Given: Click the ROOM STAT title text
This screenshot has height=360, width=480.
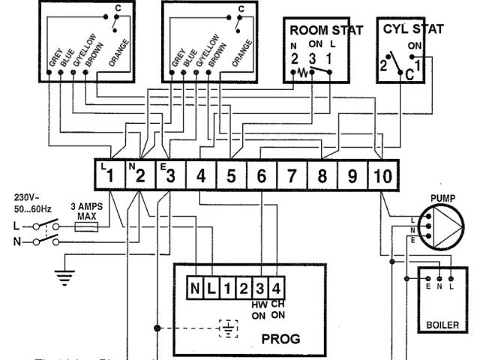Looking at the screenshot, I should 326,31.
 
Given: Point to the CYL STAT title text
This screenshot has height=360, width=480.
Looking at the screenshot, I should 412,30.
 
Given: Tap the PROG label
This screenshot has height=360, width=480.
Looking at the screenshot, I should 280,339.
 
